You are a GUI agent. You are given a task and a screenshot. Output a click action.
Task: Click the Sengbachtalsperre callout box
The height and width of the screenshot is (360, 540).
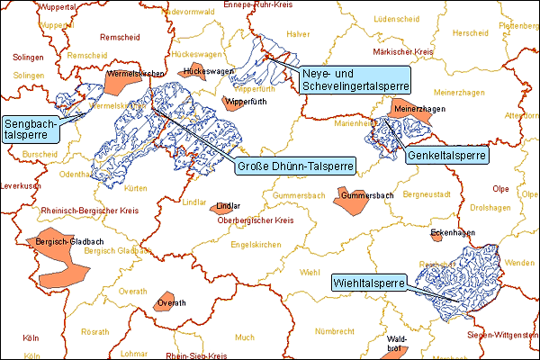click(31, 129)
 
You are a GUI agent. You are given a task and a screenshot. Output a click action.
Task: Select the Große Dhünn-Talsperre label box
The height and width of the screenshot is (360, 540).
click(295, 166)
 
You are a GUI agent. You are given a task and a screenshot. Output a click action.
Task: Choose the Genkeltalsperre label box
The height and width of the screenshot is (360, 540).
click(447, 156)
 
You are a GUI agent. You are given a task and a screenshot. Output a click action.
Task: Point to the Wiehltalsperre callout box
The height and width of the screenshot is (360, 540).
click(368, 281)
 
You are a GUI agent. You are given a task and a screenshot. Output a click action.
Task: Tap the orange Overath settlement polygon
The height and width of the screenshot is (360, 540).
click(165, 301)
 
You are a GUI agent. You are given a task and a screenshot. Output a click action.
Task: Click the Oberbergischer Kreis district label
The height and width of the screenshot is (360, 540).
click(257, 220)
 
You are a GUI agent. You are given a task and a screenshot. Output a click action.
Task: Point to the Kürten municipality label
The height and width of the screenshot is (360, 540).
click(136, 189)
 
